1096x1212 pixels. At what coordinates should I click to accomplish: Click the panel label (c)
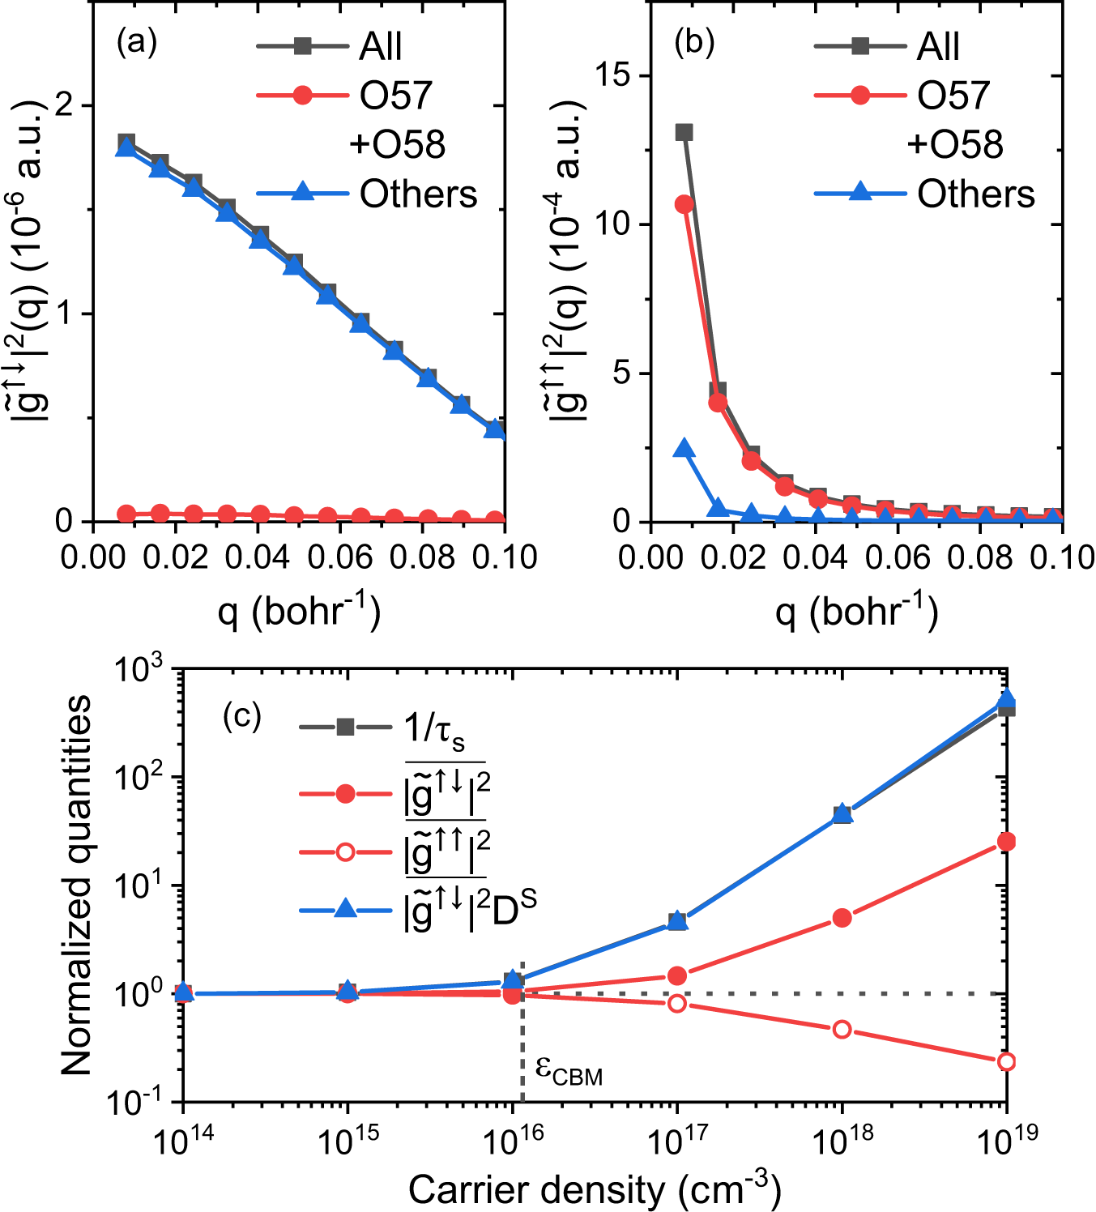(x=241, y=716)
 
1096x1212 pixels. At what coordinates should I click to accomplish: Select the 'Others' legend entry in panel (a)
(x=418, y=194)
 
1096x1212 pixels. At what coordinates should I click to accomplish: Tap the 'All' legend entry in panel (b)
(x=937, y=46)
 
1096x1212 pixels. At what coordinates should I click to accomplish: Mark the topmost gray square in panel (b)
(x=684, y=132)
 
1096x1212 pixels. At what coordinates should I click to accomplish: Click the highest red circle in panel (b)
(x=684, y=204)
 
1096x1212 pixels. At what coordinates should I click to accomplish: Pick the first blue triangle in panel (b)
(x=684, y=449)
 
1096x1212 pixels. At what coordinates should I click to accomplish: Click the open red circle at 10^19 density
(x=1006, y=1061)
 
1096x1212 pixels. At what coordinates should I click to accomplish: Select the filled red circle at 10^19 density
(x=1006, y=842)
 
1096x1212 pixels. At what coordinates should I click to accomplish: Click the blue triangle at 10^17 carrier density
(x=677, y=921)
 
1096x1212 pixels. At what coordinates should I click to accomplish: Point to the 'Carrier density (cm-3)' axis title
(x=595, y=1189)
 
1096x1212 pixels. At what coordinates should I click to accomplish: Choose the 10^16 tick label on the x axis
(x=514, y=1142)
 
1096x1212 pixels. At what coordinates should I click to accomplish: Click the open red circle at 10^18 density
(x=842, y=1029)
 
